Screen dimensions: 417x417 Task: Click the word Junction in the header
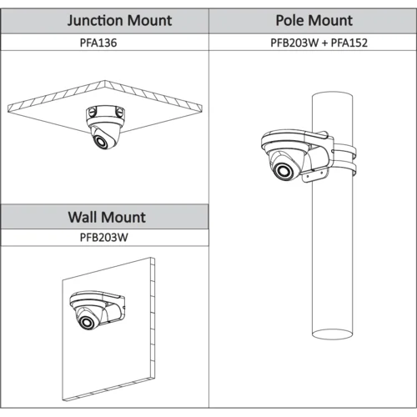click(x=95, y=21)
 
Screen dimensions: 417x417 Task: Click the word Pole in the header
click(x=289, y=20)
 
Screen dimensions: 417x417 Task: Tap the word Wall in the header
click(x=83, y=217)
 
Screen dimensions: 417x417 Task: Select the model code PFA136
click(x=98, y=43)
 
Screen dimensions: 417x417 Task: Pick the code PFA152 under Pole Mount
click(x=349, y=43)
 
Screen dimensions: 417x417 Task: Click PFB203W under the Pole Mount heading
click(x=294, y=43)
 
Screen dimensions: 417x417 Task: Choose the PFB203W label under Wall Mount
click(x=104, y=238)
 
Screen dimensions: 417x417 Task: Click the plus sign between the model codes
click(x=324, y=43)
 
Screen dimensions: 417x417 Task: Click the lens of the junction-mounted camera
click(x=102, y=141)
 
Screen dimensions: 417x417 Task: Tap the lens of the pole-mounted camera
click(x=284, y=170)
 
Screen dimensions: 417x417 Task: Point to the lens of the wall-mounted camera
click(x=88, y=322)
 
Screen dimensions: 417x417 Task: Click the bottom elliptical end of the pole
click(x=332, y=334)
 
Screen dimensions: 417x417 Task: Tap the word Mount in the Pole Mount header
click(x=330, y=20)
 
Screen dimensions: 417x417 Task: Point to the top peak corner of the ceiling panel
click(x=105, y=81)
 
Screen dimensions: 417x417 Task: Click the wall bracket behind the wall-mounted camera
click(x=114, y=309)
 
